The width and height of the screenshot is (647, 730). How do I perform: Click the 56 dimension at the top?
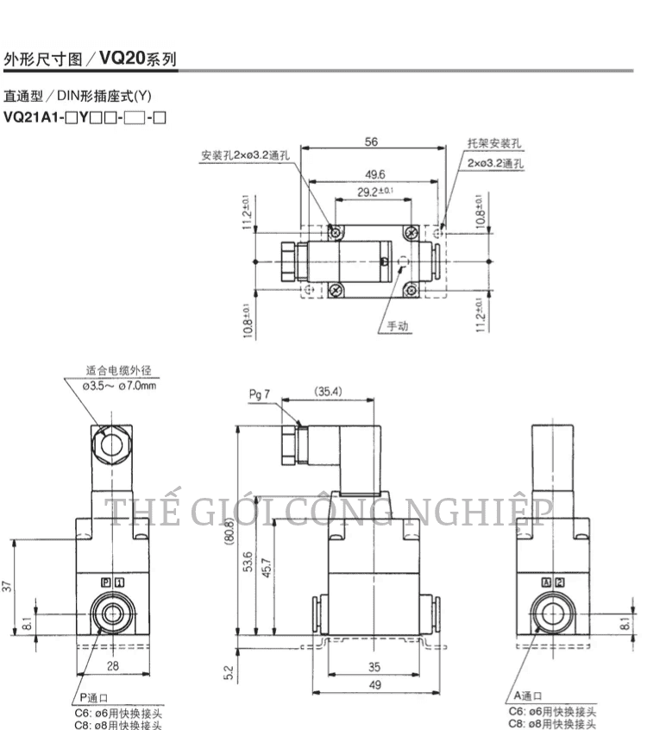point(371,142)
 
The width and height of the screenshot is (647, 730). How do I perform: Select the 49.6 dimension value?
point(375,174)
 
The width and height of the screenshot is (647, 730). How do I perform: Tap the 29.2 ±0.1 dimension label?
point(375,192)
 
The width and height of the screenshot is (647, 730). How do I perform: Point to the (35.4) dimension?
point(328,392)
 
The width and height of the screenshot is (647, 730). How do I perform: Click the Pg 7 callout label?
point(260,395)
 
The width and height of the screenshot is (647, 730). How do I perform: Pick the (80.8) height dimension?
point(229,532)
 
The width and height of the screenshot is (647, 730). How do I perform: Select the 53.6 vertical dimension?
point(248,562)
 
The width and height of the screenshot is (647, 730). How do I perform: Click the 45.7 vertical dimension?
point(267,568)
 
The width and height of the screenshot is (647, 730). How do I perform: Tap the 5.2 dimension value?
point(228,672)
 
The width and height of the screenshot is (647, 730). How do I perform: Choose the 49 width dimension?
point(375,685)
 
